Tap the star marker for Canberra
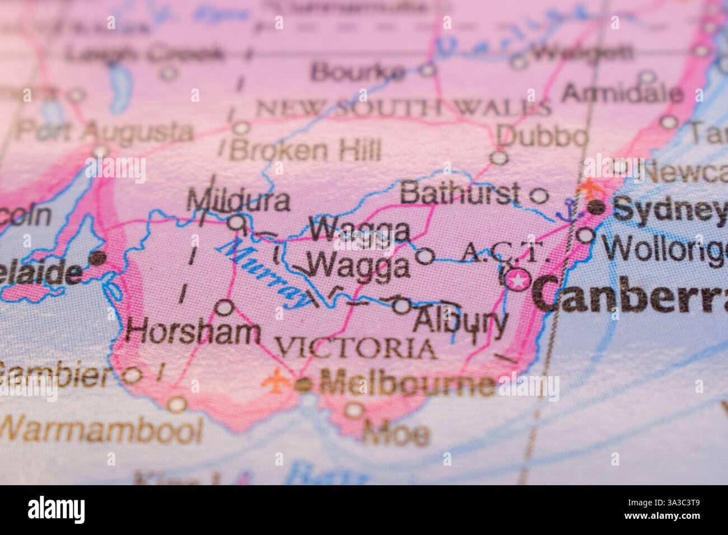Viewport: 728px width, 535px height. pyautogui.click(x=518, y=280)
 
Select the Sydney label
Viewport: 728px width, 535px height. pyautogui.click(x=669, y=210)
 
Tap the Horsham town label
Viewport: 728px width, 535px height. pyautogui.click(x=193, y=332)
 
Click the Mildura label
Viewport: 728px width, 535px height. pyautogui.click(x=239, y=200)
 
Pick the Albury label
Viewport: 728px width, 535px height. pyautogui.click(x=459, y=322)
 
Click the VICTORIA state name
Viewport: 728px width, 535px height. pyautogui.click(x=357, y=349)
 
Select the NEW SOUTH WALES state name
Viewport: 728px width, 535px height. pyautogui.click(x=402, y=107)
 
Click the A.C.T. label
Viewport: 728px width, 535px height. pyautogui.click(x=501, y=255)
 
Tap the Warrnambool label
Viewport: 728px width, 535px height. pyautogui.click(x=101, y=430)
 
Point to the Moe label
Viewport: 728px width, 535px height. pyautogui.click(x=396, y=434)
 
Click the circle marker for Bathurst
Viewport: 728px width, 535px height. pyautogui.click(x=539, y=195)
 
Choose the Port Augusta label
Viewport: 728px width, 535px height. pyautogui.click(x=104, y=132)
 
